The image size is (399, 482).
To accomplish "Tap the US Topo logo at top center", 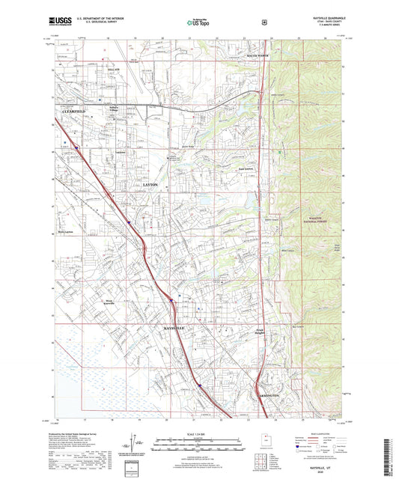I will (199, 24).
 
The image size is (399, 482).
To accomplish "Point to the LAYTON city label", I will (150, 183).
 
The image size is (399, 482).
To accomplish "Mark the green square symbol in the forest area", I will (280, 153).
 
